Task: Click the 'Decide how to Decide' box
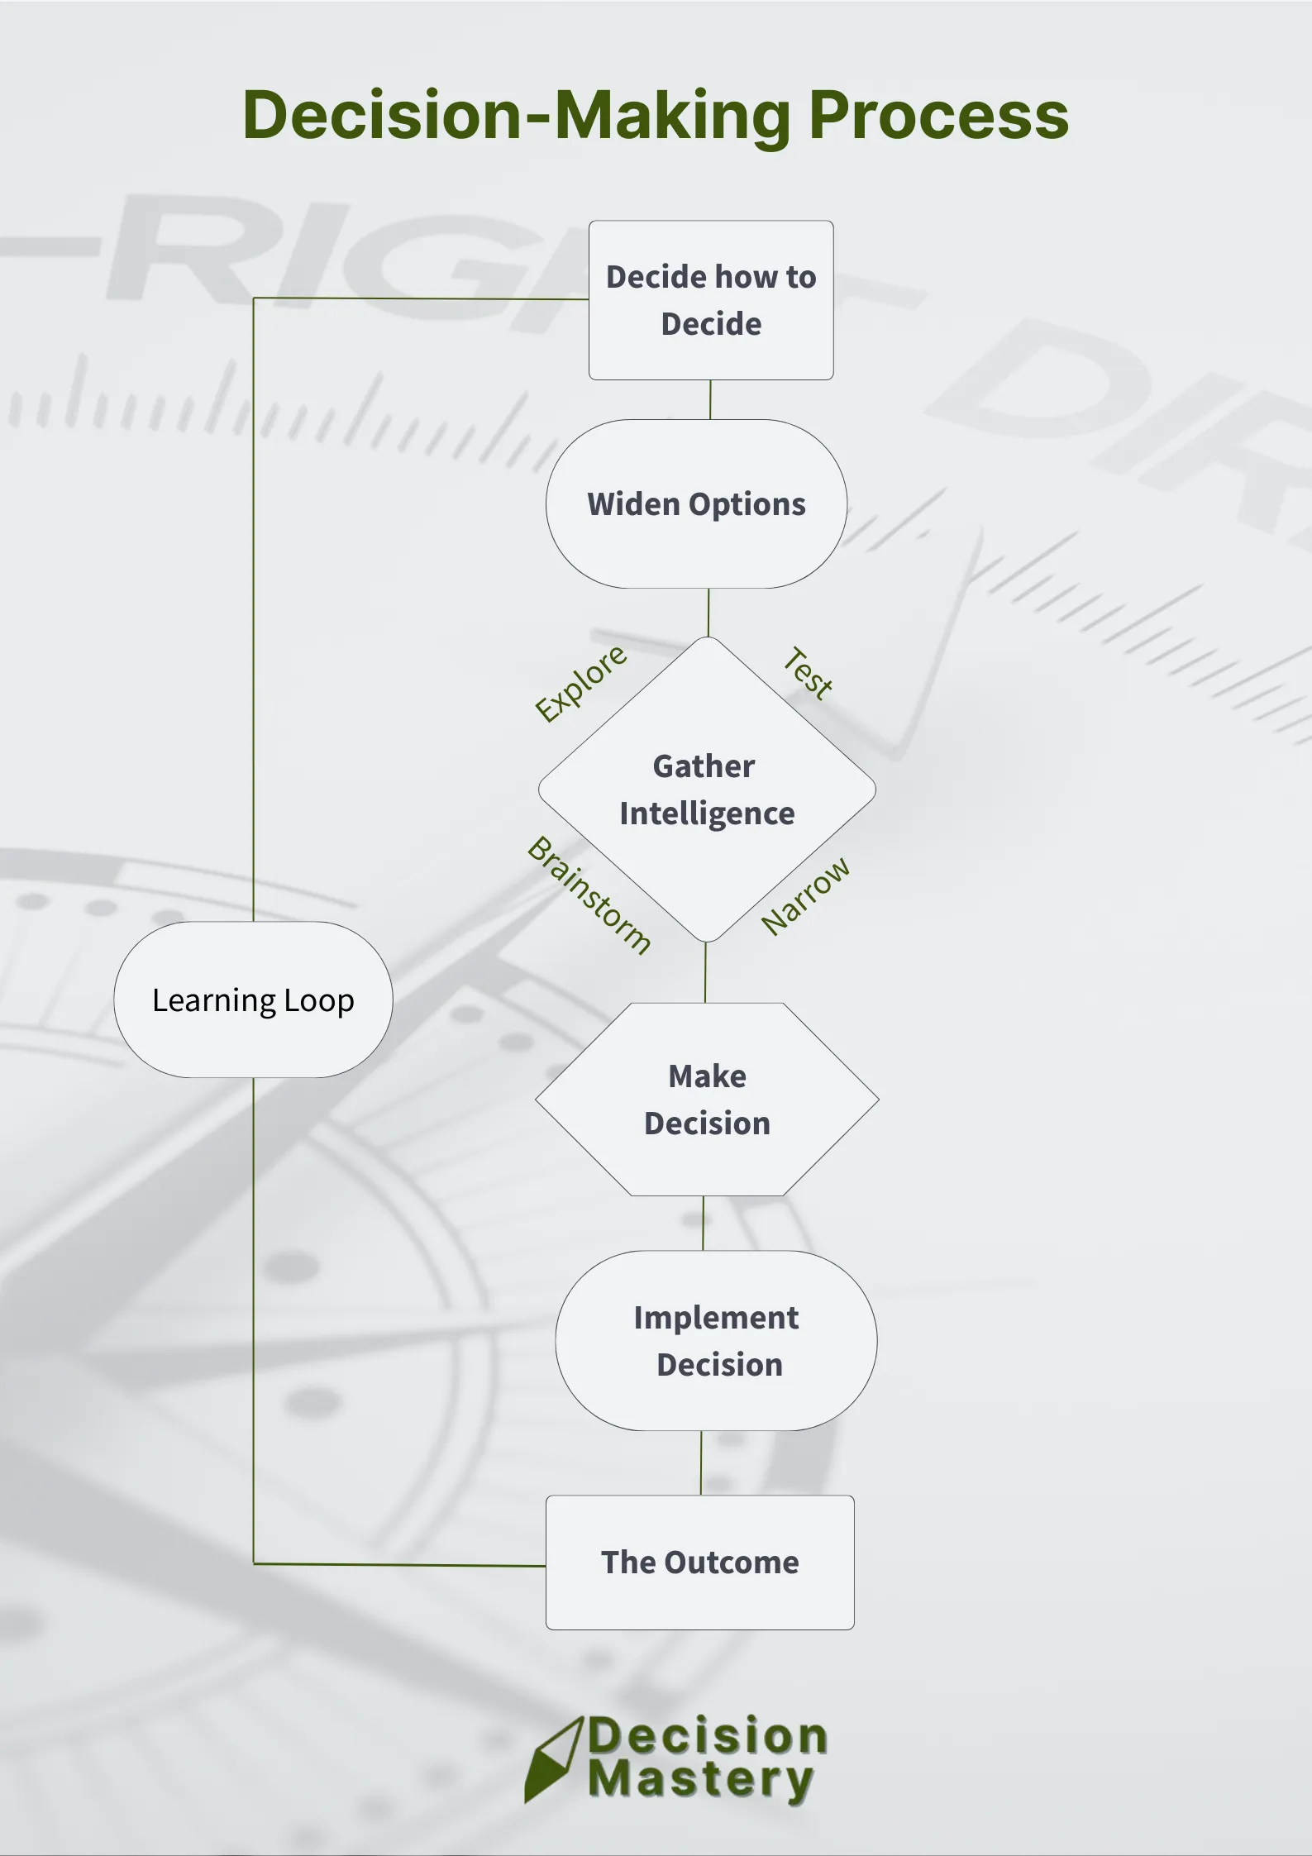pyautogui.click(x=711, y=300)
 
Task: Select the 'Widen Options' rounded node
pyautogui.click(x=696, y=504)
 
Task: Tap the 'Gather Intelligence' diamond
pyautogui.click(x=707, y=790)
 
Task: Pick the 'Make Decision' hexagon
pyautogui.click(x=707, y=1100)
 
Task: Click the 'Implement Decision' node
pyautogui.click(x=716, y=1340)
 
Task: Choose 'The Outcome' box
pyautogui.click(x=699, y=1563)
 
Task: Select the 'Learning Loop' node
pyautogui.click(x=253, y=1000)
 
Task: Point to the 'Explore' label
pyautogui.click(x=580, y=683)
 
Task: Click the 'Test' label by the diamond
pyautogui.click(x=808, y=673)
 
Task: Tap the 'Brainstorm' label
pyautogui.click(x=589, y=895)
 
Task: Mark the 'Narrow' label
pyautogui.click(x=805, y=896)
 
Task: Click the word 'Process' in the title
pyautogui.click(x=938, y=115)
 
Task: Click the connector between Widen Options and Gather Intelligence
pyautogui.click(x=708, y=613)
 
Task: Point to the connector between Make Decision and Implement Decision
pyautogui.click(x=704, y=1223)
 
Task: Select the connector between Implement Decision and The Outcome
pyautogui.click(x=701, y=1462)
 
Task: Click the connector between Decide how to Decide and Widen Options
pyautogui.click(x=710, y=399)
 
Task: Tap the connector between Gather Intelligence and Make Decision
pyautogui.click(x=705, y=972)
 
